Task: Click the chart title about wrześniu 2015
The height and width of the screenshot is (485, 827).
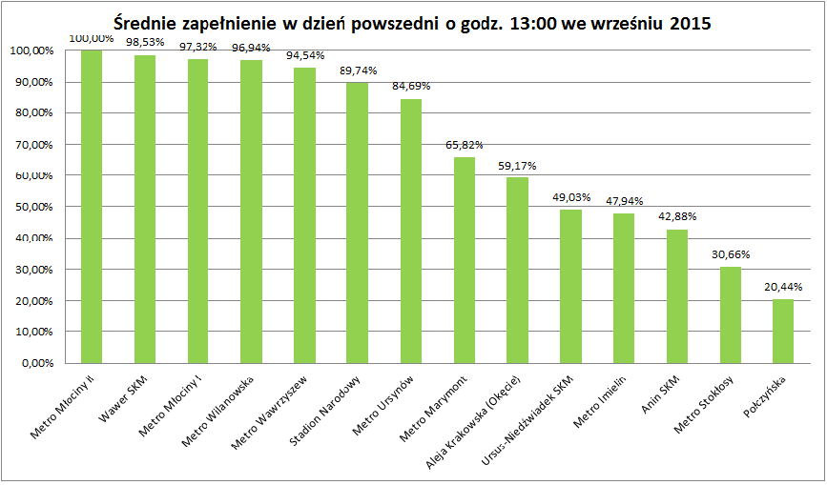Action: (412, 24)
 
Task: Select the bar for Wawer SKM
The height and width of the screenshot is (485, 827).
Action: (145, 209)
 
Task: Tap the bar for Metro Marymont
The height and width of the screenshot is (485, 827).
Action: (465, 260)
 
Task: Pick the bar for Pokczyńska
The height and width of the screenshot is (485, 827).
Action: (783, 332)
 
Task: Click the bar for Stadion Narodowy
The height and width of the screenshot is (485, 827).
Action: (358, 223)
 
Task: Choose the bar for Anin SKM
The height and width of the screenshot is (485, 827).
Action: (677, 296)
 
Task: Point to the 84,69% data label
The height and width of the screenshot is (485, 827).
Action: (411, 87)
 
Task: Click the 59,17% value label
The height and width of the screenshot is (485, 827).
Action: (517, 167)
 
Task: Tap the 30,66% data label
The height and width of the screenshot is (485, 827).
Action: (731, 254)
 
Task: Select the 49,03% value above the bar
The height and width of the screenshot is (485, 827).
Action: (571, 197)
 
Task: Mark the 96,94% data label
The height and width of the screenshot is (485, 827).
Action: (251, 48)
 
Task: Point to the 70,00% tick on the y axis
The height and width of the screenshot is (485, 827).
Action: (31, 145)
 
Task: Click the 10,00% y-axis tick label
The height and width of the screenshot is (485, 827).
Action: (31, 333)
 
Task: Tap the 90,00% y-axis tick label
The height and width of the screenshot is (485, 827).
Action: (31, 82)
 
